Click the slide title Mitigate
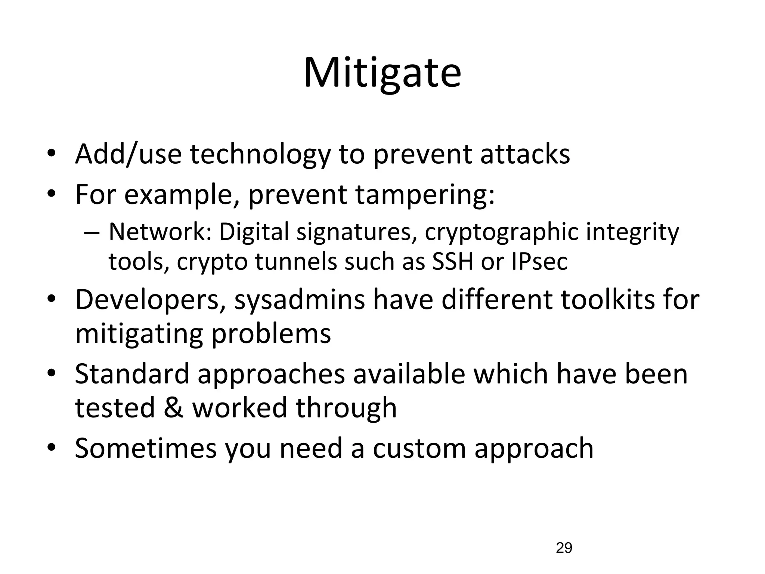[382, 73]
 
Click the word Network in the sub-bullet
[160, 232]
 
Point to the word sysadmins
[299, 300]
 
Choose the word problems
[271, 333]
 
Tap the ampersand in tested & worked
[174, 407]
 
